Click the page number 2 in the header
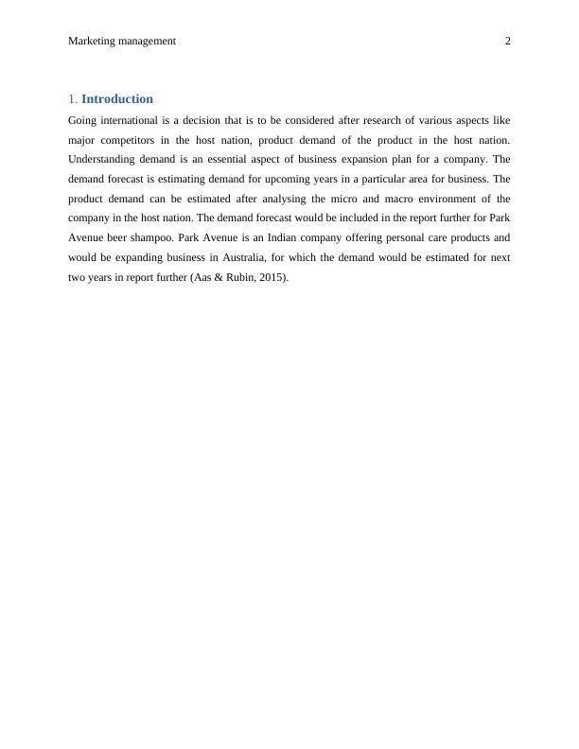tap(508, 42)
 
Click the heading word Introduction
tap(117, 99)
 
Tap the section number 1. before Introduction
tap(73, 99)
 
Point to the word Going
tap(83, 120)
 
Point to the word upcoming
tap(296, 180)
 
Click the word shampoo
tap(150, 238)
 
